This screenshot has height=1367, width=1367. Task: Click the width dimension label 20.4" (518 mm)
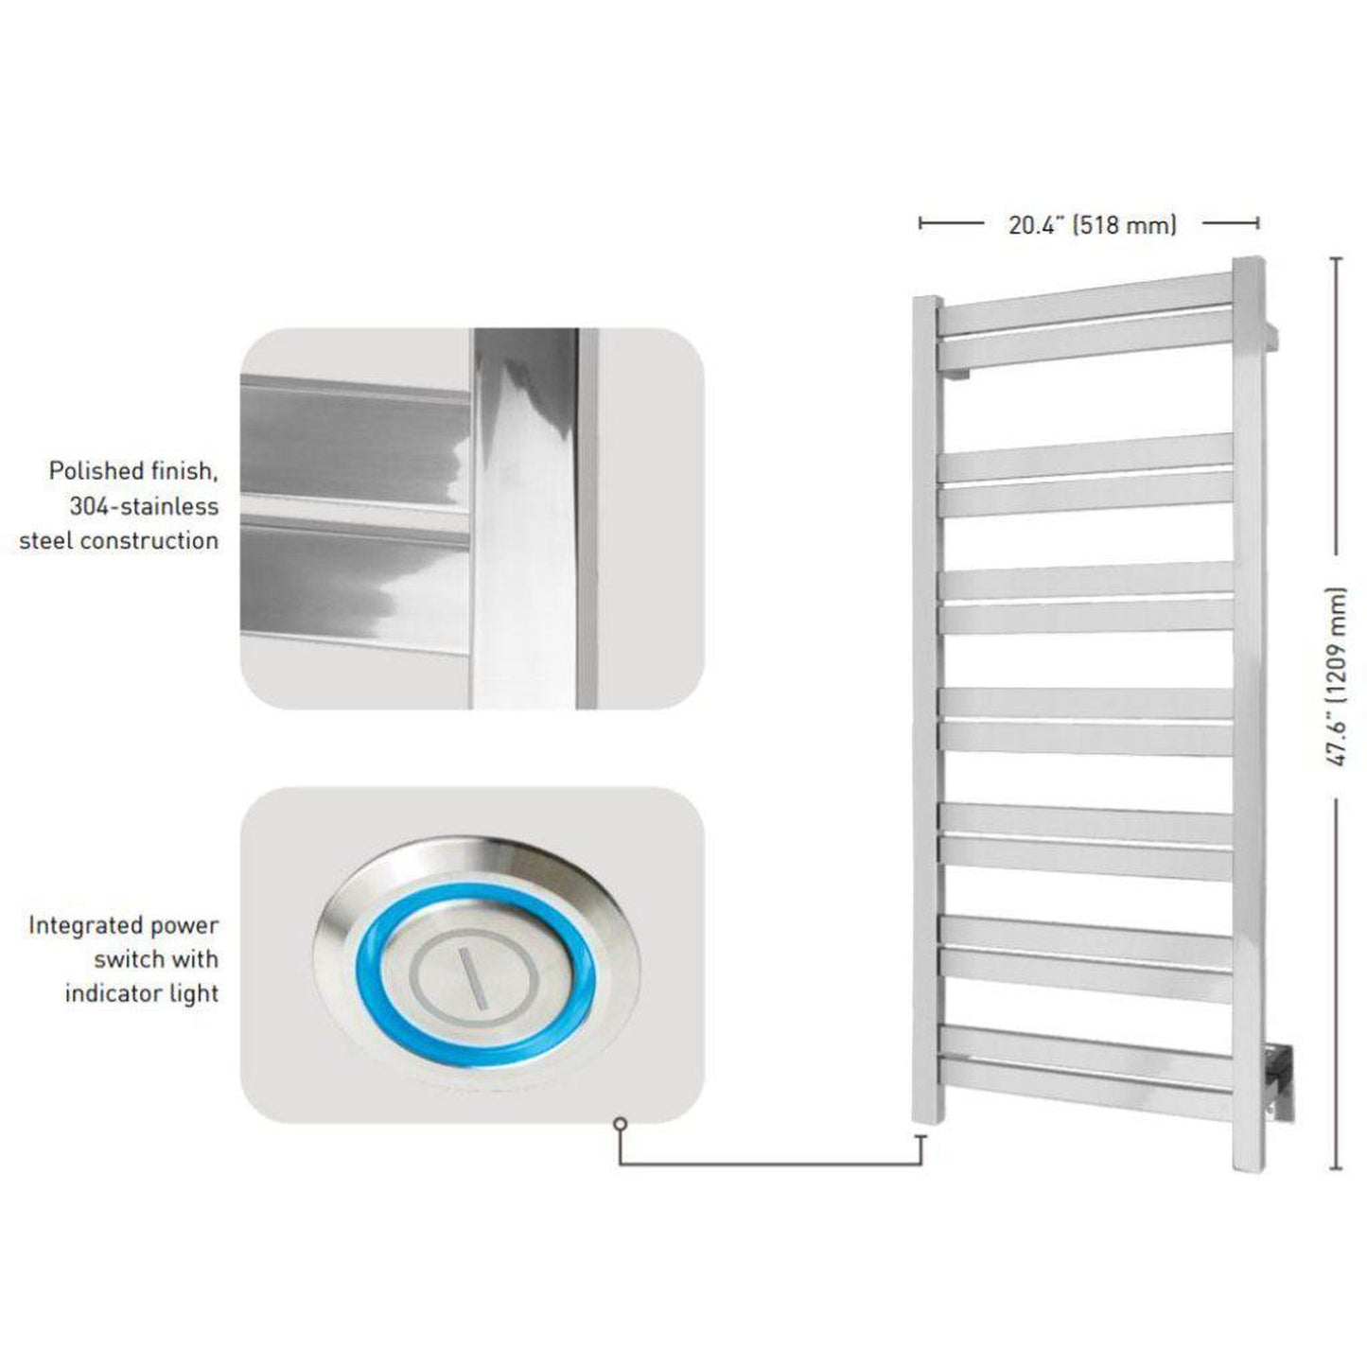(1093, 225)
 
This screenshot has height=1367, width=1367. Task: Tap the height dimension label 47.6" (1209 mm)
(1336, 676)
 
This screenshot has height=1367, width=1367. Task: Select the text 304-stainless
(143, 506)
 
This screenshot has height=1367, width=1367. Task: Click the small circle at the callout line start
(620, 1125)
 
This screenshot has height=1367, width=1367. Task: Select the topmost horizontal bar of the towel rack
(1085, 293)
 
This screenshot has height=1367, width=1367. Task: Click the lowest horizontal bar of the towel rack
(1085, 1093)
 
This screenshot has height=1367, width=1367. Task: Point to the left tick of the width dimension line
(920, 223)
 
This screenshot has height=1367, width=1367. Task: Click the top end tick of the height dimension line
(1338, 258)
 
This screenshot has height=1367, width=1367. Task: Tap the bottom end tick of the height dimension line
(1338, 1168)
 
